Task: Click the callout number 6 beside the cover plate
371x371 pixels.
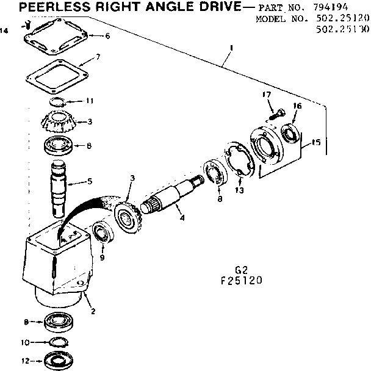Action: [x=107, y=36]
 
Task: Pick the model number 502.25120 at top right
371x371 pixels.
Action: [x=344, y=19]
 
